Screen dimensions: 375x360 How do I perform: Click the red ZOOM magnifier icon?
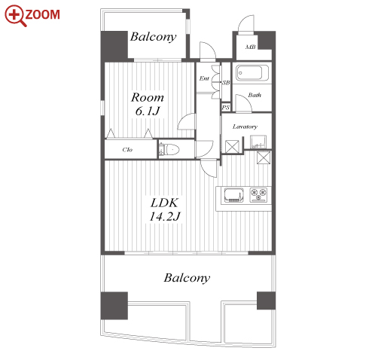click(15, 16)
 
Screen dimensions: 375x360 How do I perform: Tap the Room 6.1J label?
click(148, 104)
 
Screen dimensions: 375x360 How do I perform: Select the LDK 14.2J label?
click(164, 209)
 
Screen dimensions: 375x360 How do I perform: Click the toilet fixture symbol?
click(169, 150)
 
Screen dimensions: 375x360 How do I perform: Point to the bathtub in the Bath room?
click(252, 73)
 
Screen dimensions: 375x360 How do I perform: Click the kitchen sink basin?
click(233, 195)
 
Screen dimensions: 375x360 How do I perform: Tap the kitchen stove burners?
click(258, 194)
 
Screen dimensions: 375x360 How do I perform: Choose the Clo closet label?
click(127, 150)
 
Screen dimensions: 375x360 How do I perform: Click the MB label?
click(251, 47)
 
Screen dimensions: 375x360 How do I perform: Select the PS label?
click(225, 108)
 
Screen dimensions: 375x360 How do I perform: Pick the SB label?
click(226, 82)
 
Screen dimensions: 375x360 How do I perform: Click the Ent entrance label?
click(204, 78)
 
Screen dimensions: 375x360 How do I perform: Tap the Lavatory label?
click(245, 127)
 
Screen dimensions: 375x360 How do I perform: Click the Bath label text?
click(255, 95)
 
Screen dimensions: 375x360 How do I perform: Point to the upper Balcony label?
click(153, 37)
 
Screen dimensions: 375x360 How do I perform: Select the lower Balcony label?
click(187, 278)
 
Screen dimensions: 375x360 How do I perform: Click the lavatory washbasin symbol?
click(258, 142)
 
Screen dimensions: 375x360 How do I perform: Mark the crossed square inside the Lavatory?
click(232, 146)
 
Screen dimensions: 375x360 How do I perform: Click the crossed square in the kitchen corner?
click(264, 157)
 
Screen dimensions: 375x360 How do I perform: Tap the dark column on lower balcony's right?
click(266, 301)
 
